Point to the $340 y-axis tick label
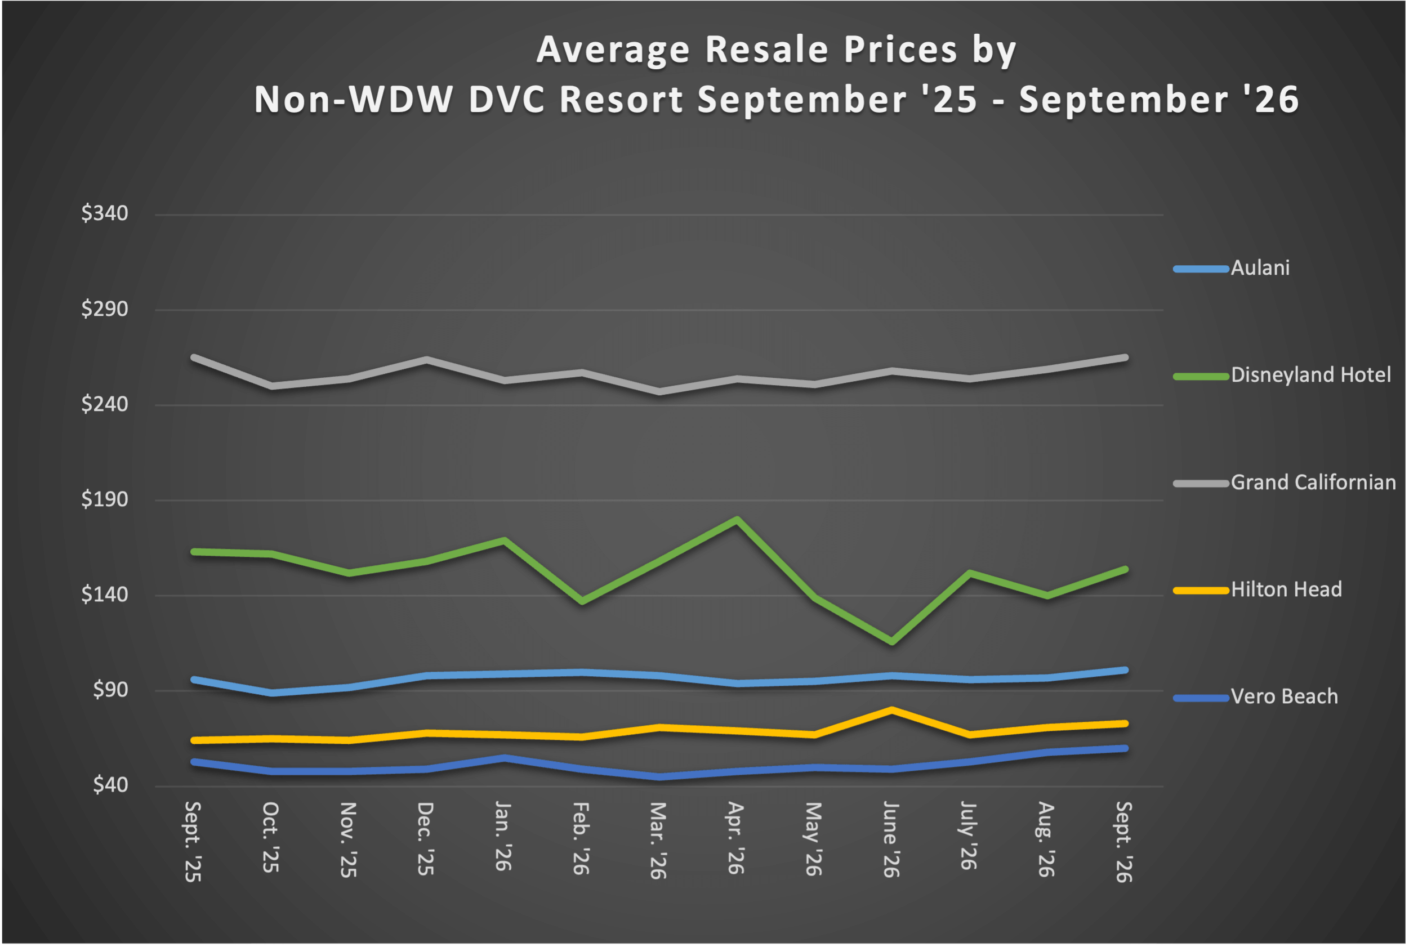pyautogui.click(x=105, y=213)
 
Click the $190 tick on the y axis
pyautogui.click(x=105, y=499)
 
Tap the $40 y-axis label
pyautogui.click(x=110, y=785)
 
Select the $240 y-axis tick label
pyautogui.click(x=105, y=404)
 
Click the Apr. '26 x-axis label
pyautogui.click(x=735, y=838)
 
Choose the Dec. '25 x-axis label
pyautogui.click(x=425, y=839)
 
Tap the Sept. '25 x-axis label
pyautogui.click(x=193, y=842)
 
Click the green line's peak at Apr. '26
pyautogui.click(x=737, y=520)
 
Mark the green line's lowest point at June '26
pyautogui.click(x=891, y=641)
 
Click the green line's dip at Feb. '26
pyautogui.click(x=582, y=601)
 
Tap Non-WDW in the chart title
pyautogui.click(x=353, y=99)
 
